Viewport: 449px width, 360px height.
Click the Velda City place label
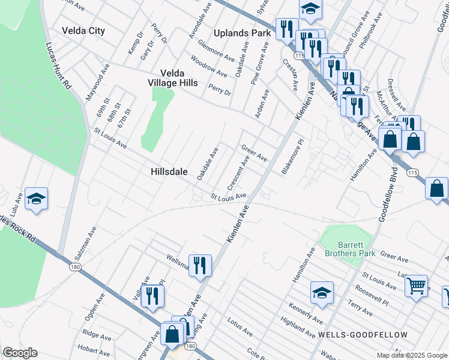pyautogui.click(x=83, y=31)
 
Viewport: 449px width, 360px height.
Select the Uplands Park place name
pyautogui.click(x=245, y=33)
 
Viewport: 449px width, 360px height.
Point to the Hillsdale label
pyautogui.click(x=169, y=172)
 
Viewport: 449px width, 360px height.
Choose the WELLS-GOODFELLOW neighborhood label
pyautogui.click(x=363, y=334)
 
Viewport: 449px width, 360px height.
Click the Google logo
pyautogui.click(x=20, y=353)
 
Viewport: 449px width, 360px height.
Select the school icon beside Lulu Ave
pyautogui.click(x=36, y=199)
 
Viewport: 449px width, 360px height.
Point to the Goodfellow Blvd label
pyautogui.click(x=388, y=196)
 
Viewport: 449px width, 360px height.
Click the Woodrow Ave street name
pyautogui.click(x=209, y=66)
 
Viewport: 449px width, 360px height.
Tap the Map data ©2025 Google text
pyautogui.click(x=411, y=355)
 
